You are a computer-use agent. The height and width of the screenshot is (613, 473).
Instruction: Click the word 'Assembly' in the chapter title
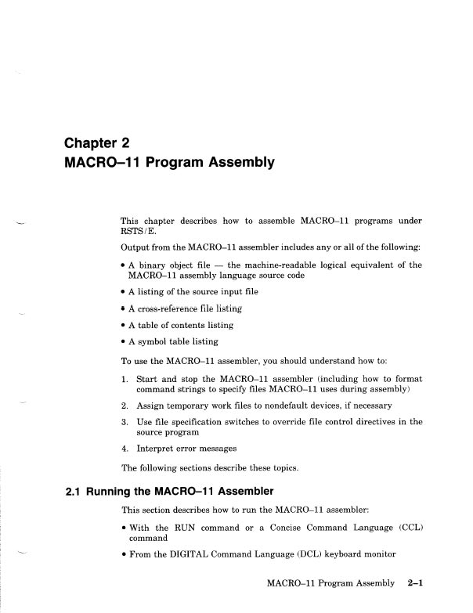[239, 164]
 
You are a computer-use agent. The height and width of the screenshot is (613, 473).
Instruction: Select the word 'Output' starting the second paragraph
[135, 249]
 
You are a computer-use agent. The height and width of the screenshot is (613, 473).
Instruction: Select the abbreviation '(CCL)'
[405, 527]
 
